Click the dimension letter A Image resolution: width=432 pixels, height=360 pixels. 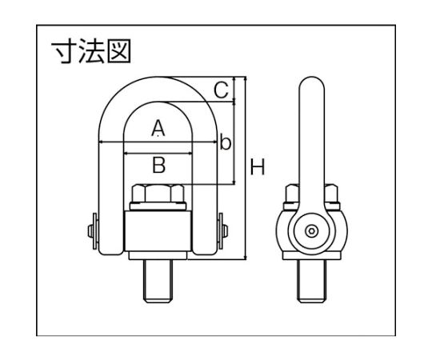158,128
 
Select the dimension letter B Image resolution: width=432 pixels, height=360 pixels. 159,165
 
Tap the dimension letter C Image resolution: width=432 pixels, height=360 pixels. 222,90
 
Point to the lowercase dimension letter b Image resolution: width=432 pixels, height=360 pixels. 225,142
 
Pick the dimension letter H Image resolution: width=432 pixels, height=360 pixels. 258,167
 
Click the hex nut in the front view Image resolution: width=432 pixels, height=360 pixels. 158,194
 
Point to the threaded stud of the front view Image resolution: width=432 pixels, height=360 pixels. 158,281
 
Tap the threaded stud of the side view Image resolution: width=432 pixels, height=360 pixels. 312,281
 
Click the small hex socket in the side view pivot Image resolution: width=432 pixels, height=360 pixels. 312,231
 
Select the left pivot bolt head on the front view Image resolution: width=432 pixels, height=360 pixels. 90,231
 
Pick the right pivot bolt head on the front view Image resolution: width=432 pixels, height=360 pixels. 226,231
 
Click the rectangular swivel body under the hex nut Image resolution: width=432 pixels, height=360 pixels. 158,231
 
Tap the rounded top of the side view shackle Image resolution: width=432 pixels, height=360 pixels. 312,82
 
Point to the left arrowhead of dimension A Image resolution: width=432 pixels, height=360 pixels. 100,142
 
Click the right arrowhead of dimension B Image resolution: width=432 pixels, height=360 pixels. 190,154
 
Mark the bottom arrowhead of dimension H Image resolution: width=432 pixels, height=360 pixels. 246,258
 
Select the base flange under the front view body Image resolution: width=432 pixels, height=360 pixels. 158,255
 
